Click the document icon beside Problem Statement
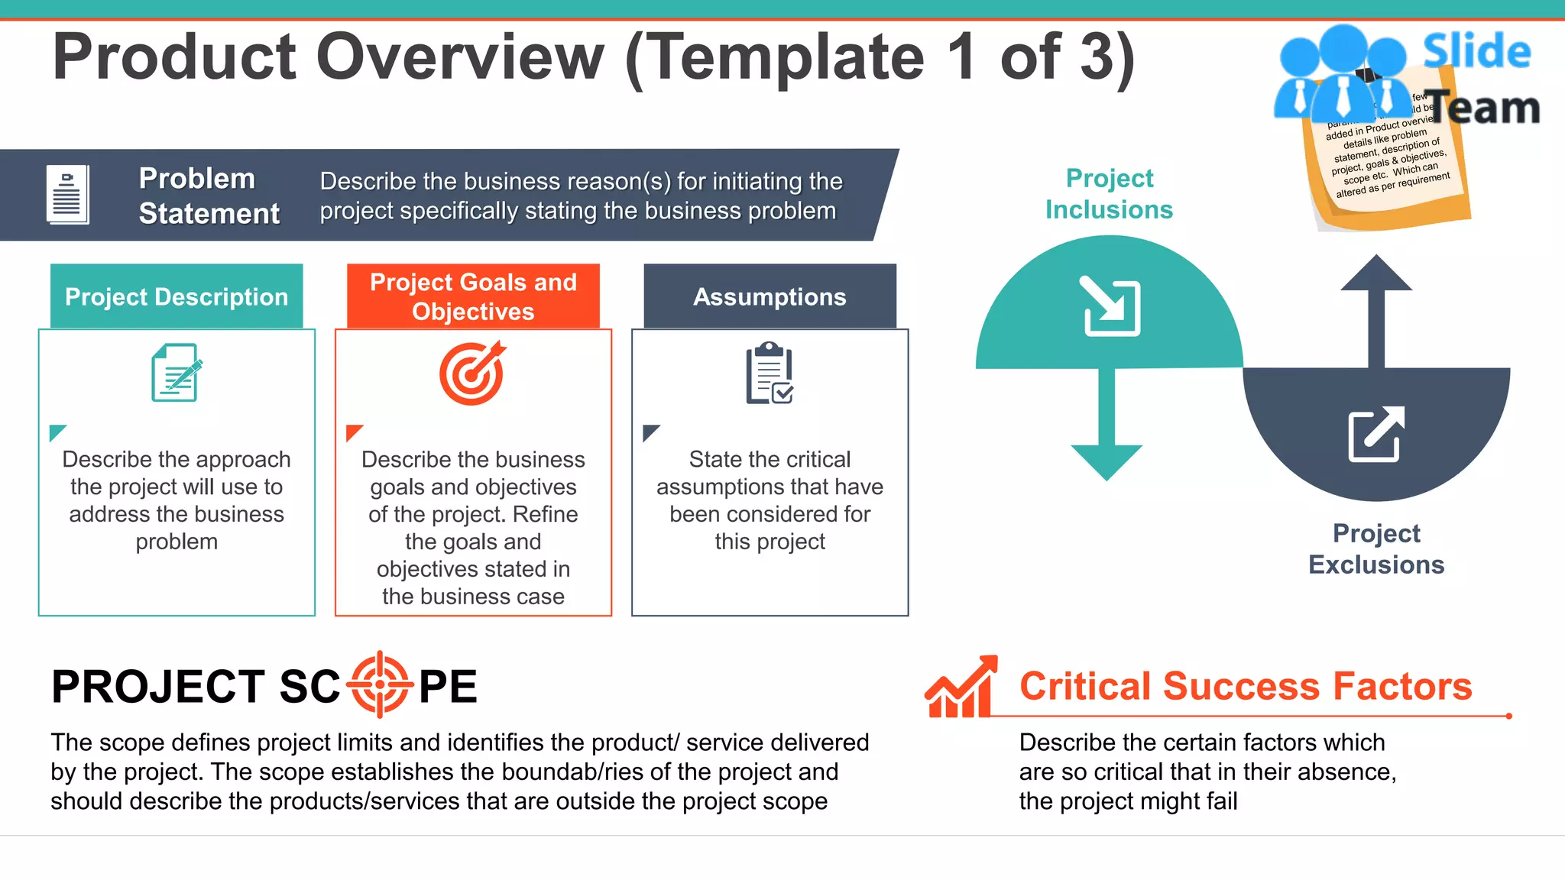coord(67,194)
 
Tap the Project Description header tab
coord(177,296)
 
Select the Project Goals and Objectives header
coord(473,296)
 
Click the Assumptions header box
coord(770,296)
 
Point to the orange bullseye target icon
coord(472,373)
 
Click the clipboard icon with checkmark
coord(770,373)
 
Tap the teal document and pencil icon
coord(177,373)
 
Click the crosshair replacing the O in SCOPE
coord(380,684)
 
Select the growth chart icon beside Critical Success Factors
coord(961,687)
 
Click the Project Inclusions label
coord(1109,194)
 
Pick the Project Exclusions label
coord(1376,548)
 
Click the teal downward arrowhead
coord(1107,461)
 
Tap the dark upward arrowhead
coord(1376,273)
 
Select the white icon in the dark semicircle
coord(1376,434)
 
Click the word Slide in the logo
coord(1476,52)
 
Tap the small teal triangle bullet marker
coord(57,432)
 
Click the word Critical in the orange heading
coord(1084,686)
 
